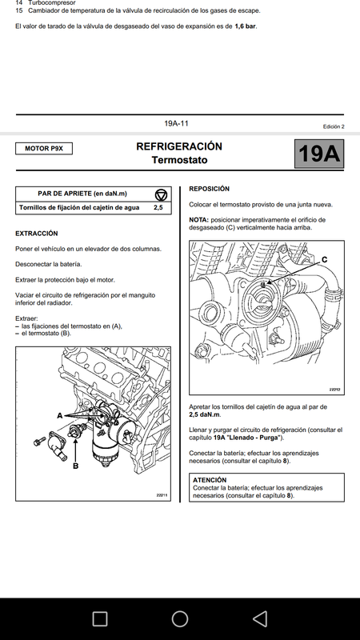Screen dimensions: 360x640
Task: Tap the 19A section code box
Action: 319,154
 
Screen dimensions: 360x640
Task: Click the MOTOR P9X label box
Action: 44,149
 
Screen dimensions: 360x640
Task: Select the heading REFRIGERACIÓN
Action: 179,146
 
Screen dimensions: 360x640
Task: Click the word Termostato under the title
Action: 179,160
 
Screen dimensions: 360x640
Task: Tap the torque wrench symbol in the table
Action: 162,194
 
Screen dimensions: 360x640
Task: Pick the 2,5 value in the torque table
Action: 158,208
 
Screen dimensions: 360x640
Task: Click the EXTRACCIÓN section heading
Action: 37,234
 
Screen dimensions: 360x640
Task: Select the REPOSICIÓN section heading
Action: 210,189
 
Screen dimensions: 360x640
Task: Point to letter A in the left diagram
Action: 59,415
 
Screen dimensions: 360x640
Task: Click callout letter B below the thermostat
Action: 75,466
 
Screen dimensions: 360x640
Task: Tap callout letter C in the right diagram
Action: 325,259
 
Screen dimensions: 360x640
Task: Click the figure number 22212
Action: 334,390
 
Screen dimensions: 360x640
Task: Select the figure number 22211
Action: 162,495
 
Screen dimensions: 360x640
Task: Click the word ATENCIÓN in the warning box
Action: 210,480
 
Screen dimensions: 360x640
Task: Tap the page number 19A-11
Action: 176,123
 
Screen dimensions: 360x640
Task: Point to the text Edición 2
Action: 334,126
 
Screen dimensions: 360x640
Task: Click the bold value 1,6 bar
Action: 246,26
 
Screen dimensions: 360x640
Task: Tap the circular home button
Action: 179,618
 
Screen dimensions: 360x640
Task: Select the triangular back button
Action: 260,618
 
